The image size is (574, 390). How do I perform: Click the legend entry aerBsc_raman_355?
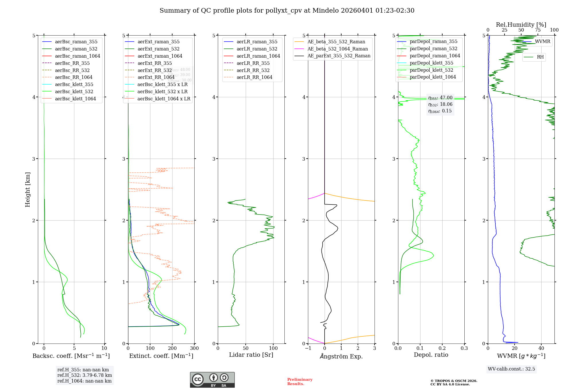click(76, 42)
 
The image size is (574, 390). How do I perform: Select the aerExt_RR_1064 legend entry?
click(156, 77)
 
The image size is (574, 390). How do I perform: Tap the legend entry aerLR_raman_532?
click(257, 49)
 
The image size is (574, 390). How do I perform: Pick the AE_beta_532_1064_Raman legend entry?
click(338, 49)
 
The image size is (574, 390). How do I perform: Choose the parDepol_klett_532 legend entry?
click(431, 70)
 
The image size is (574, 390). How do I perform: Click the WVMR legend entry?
click(542, 42)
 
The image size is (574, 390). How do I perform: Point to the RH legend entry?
click(540, 57)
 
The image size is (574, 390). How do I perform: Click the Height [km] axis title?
click(28, 189)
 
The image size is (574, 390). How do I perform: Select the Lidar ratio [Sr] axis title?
click(251, 355)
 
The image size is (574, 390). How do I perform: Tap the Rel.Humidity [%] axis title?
click(521, 25)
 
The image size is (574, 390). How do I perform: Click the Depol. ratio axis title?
click(431, 355)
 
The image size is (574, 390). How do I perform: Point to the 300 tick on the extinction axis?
click(194, 348)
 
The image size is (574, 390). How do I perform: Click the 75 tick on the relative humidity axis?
click(538, 30)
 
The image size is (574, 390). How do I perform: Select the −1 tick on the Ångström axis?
click(308, 348)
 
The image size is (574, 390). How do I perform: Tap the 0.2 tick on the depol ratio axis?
click(442, 348)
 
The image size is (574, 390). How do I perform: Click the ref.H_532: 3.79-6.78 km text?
click(84, 375)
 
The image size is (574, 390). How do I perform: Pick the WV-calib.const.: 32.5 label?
click(511, 369)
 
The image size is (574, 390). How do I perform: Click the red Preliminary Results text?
click(300, 382)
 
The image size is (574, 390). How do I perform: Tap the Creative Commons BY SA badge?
click(212, 380)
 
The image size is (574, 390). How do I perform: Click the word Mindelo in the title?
click(325, 11)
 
